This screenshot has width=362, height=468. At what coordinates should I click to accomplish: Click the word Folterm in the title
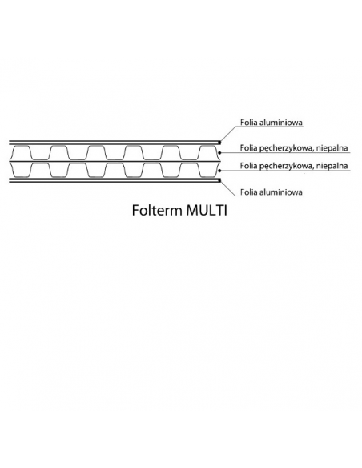[157, 211]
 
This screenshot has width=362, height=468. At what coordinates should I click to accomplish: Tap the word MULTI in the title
[207, 211]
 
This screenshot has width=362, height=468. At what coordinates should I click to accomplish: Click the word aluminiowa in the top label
[281, 123]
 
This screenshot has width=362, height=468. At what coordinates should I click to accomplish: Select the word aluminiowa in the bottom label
[281, 192]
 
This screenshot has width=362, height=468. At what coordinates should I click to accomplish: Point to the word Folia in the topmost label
[249, 123]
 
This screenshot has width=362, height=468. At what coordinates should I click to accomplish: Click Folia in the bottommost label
[249, 192]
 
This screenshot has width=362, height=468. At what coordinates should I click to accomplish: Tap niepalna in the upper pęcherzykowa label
[332, 147]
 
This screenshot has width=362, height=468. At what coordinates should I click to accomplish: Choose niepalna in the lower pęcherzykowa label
[332, 166]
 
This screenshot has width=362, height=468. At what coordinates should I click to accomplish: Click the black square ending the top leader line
[219, 142]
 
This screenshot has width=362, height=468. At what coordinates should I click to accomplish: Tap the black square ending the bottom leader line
[219, 180]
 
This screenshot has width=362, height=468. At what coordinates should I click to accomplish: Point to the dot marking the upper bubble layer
[219, 152]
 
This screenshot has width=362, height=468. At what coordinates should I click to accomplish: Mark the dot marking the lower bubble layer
[219, 171]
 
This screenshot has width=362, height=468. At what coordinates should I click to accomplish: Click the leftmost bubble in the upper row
[22, 145]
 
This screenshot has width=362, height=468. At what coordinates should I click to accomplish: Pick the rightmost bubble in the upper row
[208, 145]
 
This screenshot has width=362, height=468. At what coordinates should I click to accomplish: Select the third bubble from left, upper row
[96, 145]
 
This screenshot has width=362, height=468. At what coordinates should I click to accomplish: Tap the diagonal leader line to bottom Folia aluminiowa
[228, 188]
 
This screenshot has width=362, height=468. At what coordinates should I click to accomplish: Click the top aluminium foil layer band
[114, 143]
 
